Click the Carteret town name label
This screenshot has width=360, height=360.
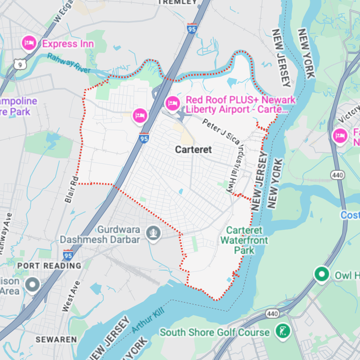193,149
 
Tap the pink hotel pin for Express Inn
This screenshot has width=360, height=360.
29,44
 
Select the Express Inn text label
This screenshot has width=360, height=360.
68,44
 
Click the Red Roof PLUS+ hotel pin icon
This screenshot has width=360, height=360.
172,103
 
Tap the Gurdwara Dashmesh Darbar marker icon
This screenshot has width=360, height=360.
154,234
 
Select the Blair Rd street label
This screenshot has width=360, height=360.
71,189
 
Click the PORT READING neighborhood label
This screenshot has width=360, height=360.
49,266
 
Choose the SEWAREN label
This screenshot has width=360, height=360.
56,339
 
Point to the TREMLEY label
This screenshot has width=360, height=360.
178,2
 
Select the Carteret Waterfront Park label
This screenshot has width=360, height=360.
244,240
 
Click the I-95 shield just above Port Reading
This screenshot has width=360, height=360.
68,255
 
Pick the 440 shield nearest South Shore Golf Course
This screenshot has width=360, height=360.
272,314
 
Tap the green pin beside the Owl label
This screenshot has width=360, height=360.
321,274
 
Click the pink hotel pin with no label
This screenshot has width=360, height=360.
140,116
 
